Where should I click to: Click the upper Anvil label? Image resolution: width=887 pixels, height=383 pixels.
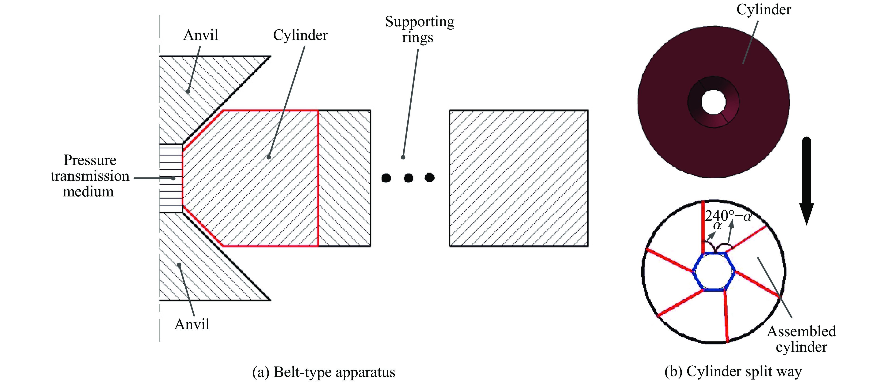pos(201,35)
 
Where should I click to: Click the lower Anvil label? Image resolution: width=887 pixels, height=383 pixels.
pos(192,324)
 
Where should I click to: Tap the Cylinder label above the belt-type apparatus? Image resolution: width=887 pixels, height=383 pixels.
pos(300,35)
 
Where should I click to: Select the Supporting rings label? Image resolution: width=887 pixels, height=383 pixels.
pos(419,29)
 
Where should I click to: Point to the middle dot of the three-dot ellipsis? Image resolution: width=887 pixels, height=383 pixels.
pos(408,178)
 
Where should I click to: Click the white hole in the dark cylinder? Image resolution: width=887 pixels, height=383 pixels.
pos(713,102)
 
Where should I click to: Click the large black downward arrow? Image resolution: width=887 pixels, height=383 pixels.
pos(807,179)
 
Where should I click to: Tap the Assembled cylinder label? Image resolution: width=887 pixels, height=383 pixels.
pos(801,339)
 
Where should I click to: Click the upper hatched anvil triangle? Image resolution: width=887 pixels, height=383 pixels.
pos(200,90)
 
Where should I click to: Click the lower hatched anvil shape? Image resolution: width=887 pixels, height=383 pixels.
pos(200,269)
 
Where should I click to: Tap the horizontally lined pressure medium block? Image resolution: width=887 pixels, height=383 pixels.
pos(170,178)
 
